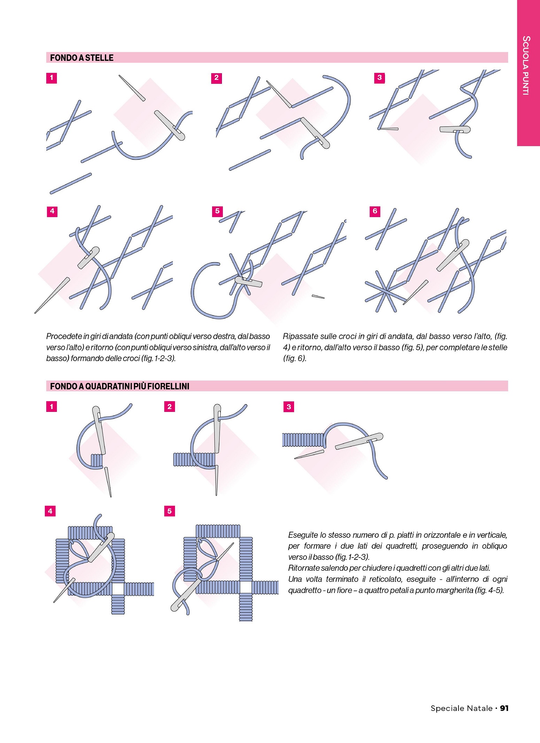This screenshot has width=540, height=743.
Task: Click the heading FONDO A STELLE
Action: [82, 58]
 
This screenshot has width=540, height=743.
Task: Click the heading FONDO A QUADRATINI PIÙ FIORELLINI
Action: [119, 386]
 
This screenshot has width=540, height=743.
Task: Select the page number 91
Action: [504, 708]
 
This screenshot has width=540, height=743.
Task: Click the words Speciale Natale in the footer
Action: [462, 708]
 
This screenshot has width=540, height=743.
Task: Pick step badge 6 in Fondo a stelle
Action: [375, 211]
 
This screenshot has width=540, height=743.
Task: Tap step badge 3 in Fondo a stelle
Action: [379, 78]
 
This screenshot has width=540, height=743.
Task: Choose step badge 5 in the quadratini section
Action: [169, 511]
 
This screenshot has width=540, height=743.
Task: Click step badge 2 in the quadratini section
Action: [169, 407]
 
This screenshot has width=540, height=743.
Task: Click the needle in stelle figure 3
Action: [455, 130]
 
